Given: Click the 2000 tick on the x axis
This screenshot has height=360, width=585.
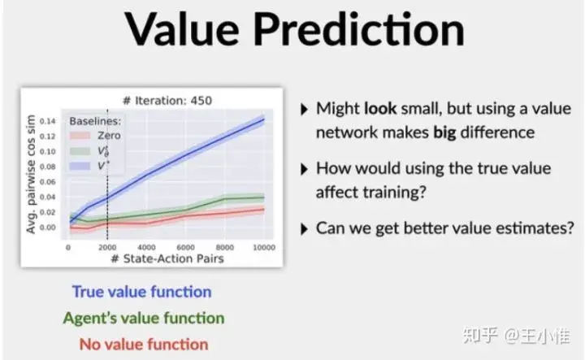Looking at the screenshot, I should coord(107,246).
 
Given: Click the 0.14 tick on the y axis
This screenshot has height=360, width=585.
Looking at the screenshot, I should coord(50,120).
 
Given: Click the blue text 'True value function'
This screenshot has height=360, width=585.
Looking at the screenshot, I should coord(141,292).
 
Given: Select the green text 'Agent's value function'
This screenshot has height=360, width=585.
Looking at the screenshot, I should coord(143,318).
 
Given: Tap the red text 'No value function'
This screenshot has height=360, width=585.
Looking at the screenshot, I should coord(143,344).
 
